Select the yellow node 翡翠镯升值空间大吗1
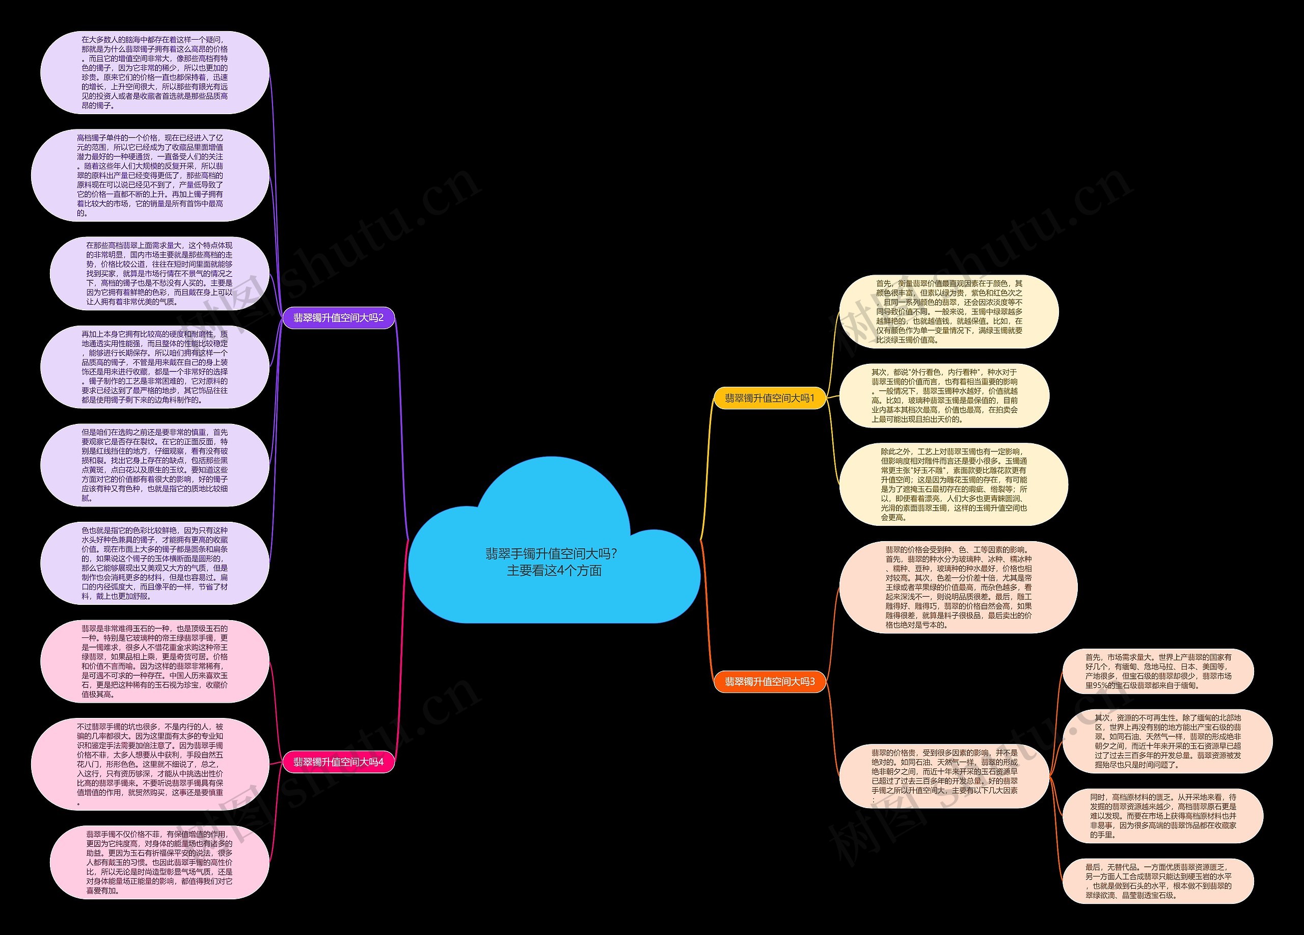point(769,398)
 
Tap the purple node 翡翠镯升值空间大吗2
point(338,317)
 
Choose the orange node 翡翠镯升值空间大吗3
point(769,681)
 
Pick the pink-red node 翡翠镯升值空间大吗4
point(338,762)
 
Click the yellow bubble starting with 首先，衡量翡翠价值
point(948,312)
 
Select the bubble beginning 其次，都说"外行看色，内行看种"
point(944,395)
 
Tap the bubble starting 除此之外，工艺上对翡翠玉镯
point(953,484)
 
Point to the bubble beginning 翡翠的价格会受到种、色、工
point(958,587)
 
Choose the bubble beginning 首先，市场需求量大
point(1158,671)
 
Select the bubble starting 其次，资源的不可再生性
point(1167,741)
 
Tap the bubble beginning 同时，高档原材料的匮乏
point(1162,816)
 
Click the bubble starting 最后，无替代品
point(1158,881)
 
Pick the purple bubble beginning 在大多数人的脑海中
point(155,72)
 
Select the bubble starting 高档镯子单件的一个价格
point(150,175)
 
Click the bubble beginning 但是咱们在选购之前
point(155,465)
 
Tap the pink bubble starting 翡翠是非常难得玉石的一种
point(155,661)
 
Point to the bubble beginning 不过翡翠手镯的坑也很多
point(150,764)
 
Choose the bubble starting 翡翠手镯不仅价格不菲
point(159,862)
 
